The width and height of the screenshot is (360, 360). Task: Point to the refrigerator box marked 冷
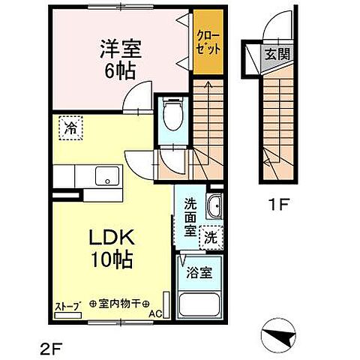[x=70, y=128]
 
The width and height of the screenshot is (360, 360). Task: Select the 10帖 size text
[x=114, y=262]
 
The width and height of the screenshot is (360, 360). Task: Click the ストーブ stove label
[x=67, y=305]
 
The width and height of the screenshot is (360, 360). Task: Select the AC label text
[x=155, y=313]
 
